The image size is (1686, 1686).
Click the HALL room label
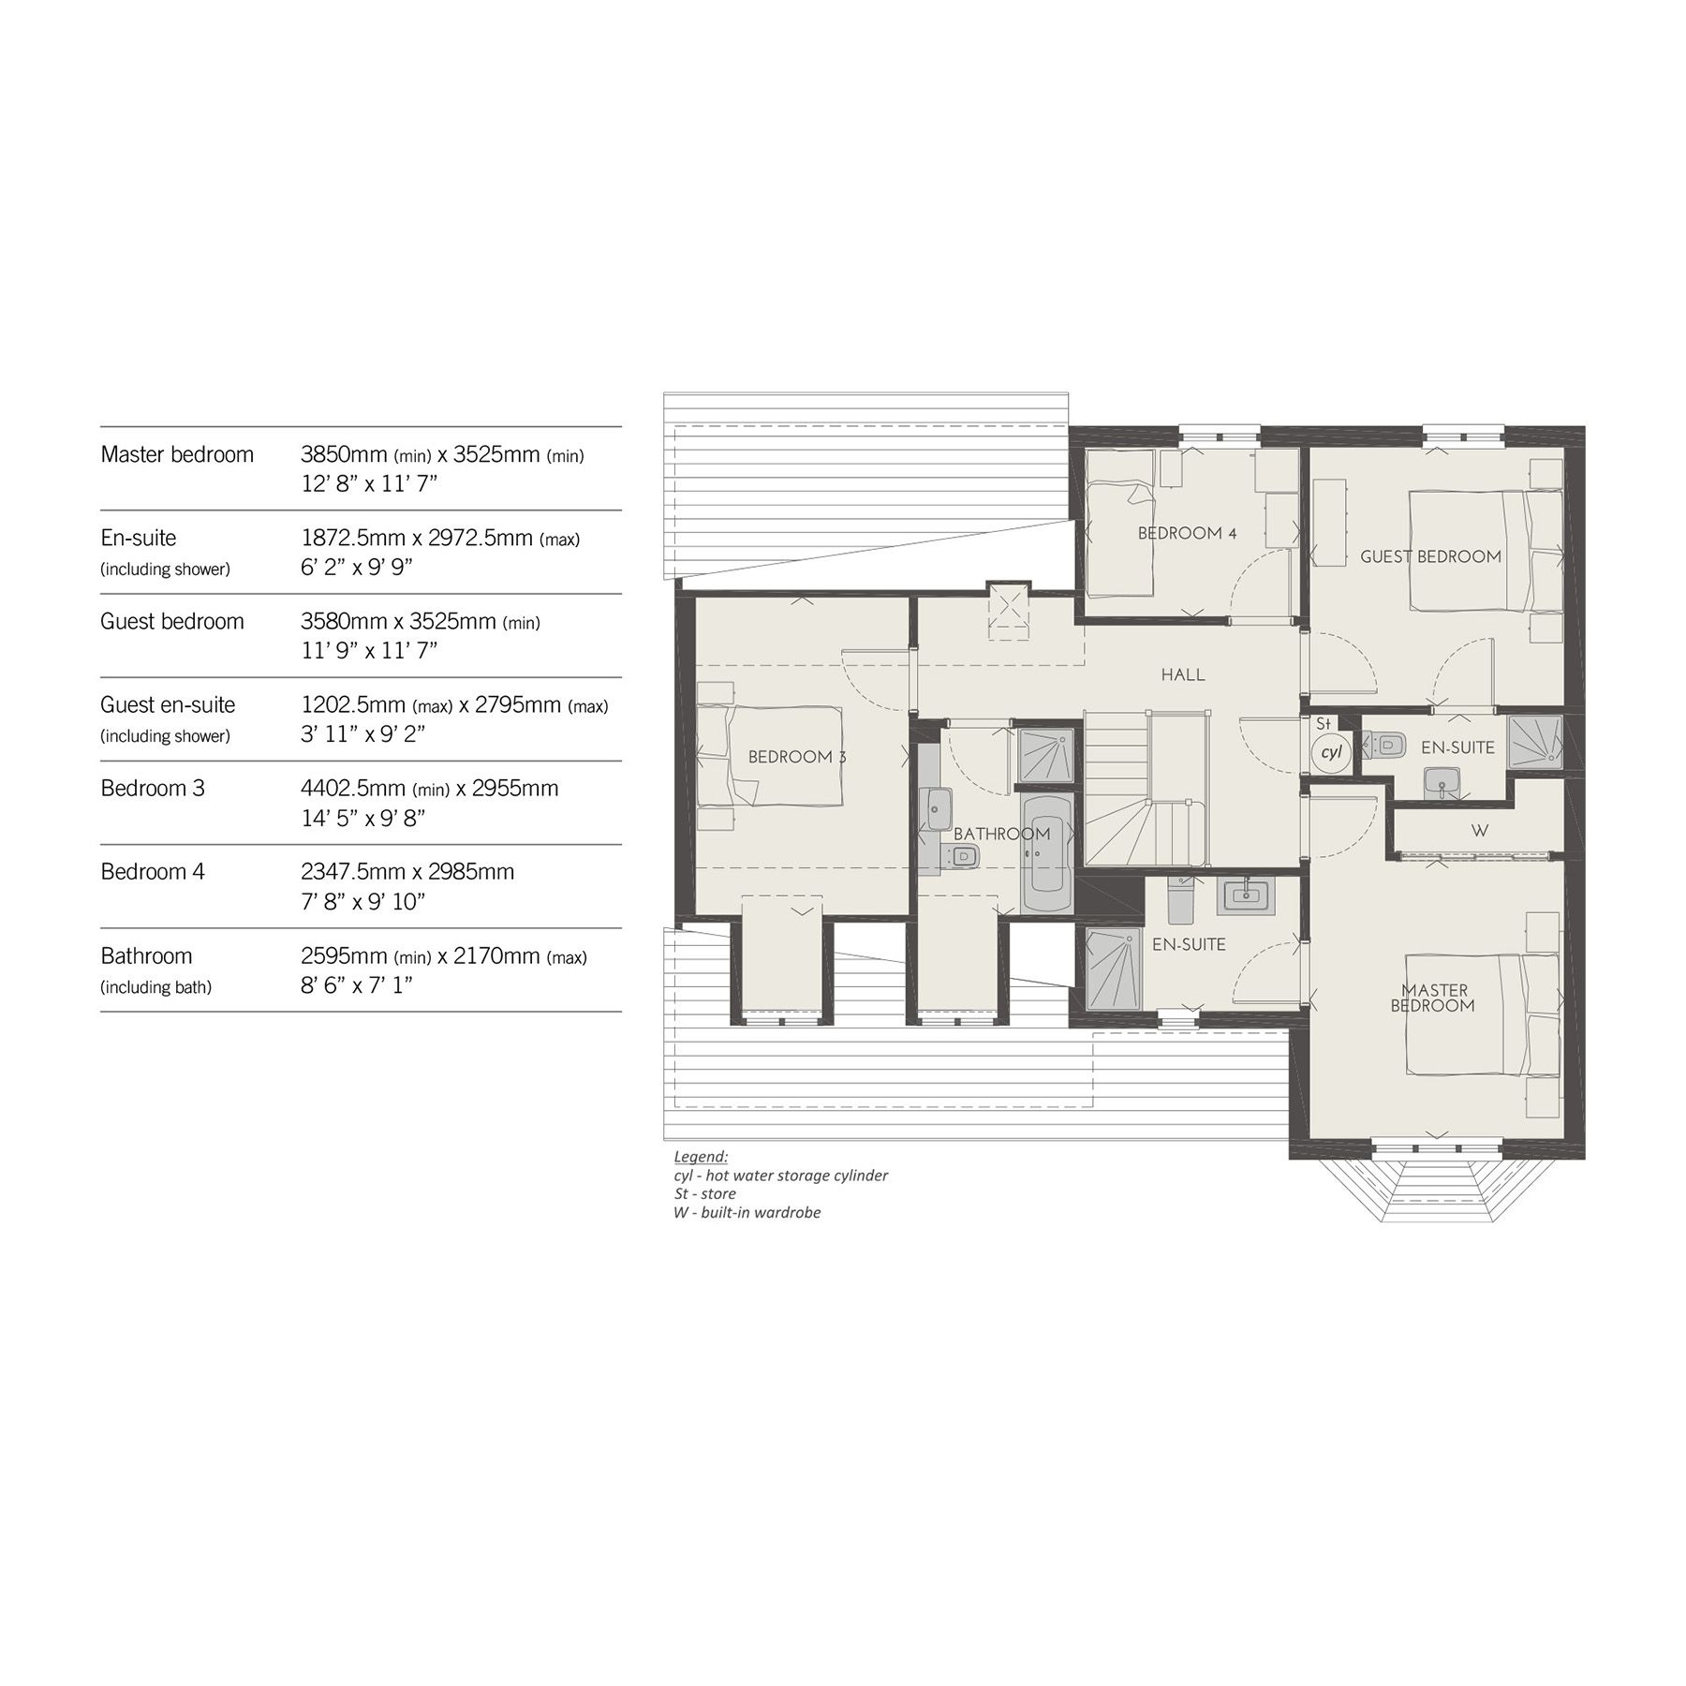click(1182, 674)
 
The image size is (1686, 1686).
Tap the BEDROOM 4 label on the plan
click(1187, 533)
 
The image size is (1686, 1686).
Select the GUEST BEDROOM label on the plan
click(1430, 556)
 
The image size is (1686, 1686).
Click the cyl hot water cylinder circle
click(1330, 752)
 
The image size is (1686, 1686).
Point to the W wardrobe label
click(1480, 831)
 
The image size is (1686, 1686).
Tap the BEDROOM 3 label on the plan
click(796, 757)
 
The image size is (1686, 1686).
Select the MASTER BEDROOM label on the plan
click(1434, 998)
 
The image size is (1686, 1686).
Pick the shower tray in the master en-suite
click(1111, 969)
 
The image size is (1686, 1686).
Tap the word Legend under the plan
click(700, 1157)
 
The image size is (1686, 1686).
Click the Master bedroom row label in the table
click(177, 455)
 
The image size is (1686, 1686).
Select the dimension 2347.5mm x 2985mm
click(407, 872)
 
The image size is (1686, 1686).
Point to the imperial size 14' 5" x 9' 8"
click(363, 818)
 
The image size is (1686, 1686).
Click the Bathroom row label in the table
click(146, 956)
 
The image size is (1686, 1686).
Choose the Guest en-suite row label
click(168, 705)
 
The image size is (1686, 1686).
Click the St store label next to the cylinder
click(1323, 724)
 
